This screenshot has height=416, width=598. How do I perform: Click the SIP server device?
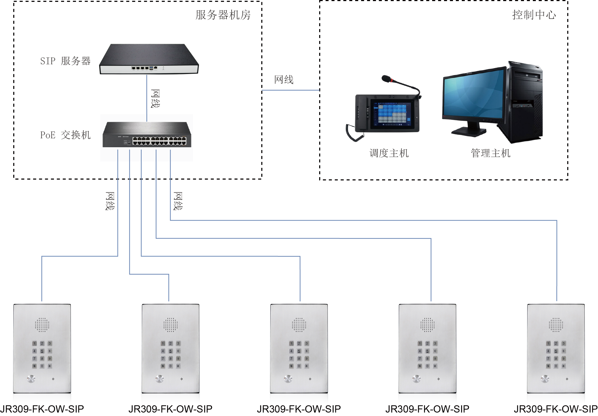pyautogui.click(x=149, y=59)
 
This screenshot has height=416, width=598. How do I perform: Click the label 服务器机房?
pyautogui.click(x=223, y=15)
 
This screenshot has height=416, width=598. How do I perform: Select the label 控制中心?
pyautogui.click(x=534, y=15)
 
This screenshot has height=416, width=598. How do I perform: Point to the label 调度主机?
pyautogui.click(x=389, y=153)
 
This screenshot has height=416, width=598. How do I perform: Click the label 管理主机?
pyautogui.click(x=490, y=153)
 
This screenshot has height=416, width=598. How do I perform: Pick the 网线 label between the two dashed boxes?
pyautogui.click(x=284, y=80)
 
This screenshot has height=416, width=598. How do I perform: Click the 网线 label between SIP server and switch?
pyautogui.click(x=155, y=99)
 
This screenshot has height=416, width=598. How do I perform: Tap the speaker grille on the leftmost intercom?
pyautogui.click(x=42, y=325)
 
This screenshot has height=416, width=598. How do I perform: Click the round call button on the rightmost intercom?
pyautogui.click(x=545, y=379)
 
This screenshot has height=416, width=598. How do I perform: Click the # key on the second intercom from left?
pyautogui.click(x=178, y=366)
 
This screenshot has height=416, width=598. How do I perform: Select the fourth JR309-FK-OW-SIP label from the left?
pyautogui.click(x=427, y=409)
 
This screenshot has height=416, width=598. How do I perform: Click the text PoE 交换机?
pyautogui.click(x=65, y=135)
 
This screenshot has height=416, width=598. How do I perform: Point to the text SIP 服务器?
pyautogui.click(x=65, y=61)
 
